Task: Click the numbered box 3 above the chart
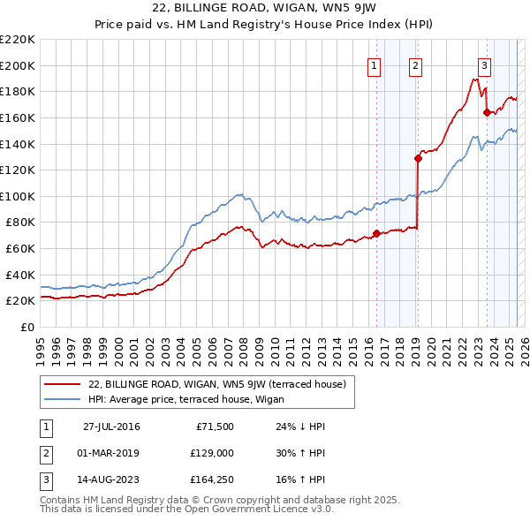coord(485,64)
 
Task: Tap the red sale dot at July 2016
coord(377,233)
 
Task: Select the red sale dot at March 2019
coord(418,158)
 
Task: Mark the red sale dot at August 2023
coord(487,112)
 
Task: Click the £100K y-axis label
coord(18,196)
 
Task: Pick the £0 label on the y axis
coord(28,327)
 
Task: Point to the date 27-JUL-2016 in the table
coord(111,427)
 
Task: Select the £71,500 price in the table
coord(212,427)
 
